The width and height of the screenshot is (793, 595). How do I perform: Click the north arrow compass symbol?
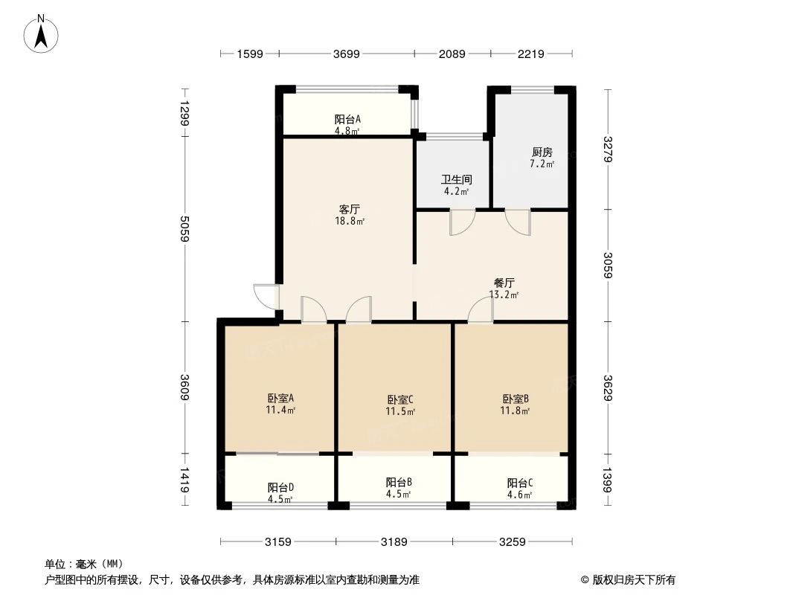click(41, 33)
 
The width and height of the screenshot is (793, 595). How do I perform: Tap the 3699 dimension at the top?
click(347, 54)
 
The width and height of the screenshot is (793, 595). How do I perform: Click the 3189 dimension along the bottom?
click(394, 542)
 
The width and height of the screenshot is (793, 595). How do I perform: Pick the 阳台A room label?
click(347, 119)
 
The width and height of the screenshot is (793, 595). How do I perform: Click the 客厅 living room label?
click(350, 209)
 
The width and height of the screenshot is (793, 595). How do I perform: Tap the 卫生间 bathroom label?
click(457, 179)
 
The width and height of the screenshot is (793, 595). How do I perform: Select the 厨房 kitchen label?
click(542, 152)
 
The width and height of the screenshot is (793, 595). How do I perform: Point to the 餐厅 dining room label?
click(504, 283)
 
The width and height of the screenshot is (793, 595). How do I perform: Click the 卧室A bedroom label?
click(280, 398)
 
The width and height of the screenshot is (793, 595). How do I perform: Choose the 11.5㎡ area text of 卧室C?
click(400, 411)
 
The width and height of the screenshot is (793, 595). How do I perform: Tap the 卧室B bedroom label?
click(516, 399)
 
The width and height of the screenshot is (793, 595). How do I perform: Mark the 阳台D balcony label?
click(280, 487)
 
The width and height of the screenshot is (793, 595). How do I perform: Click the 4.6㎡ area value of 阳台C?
click(519, 495)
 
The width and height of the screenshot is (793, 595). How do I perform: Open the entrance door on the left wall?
click(266, 297)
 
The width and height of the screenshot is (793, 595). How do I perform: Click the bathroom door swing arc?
click(463, 222)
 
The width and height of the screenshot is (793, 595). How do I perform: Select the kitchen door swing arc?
click(518, 222)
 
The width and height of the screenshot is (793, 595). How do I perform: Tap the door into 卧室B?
click(480, 309)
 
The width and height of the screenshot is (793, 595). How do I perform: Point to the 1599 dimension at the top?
click(250, 54)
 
